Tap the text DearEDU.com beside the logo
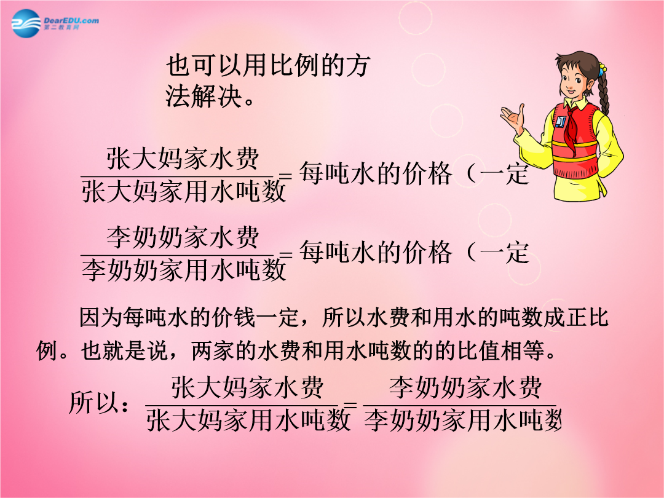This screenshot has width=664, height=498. point(71,20)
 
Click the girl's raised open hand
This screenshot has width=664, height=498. point(513,117)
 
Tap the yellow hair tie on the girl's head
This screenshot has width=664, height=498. point(602,67)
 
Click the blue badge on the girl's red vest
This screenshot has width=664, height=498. point(561,122)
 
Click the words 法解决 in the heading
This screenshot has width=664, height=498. point(204,96)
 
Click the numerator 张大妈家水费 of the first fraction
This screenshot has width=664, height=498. point(183,159)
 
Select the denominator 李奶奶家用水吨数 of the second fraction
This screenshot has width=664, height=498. point(184,270)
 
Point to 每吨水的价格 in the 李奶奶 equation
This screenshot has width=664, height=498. point(376,252)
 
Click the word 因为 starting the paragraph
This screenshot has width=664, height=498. point(101,318)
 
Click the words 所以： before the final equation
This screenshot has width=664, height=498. point(100,401)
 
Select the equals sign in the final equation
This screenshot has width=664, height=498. point(350,405)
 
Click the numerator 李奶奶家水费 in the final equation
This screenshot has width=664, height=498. point(465,387)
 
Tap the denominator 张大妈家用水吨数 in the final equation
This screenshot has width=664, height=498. point(248,420)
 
